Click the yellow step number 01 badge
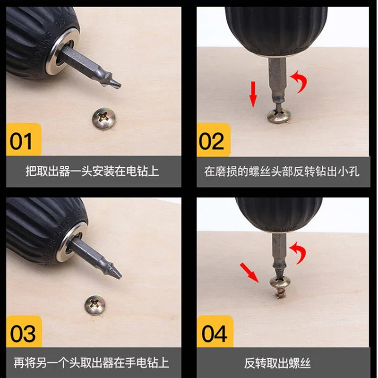pyautogui.click(x=24, y=139)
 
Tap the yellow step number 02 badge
pyautogui.click(x=214, y=139)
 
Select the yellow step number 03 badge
pyautogui.click(x=24, y=331)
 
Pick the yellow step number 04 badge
pyautogui.click(x=215, y=331)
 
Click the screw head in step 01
pyautogui.click(x=104, y=119)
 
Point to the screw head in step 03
pyautogui.click(x=95, y=305)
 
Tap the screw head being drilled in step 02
pyautogui.click(x=279, y=116)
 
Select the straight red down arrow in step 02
pyautogui.click(x=253, y=94)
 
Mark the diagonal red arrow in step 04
pyautogui.click(x=249, y=273)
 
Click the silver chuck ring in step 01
pyautogui.click(x=63, y=51)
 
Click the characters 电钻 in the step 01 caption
pyautogui.click(x=137, y=171)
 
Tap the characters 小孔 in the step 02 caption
pyautogui.click(x=348, y=172)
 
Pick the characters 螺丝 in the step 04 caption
pyautogui.click(x=300, y=363)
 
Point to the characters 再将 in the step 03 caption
pyautogui.click(x=25, y=363)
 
